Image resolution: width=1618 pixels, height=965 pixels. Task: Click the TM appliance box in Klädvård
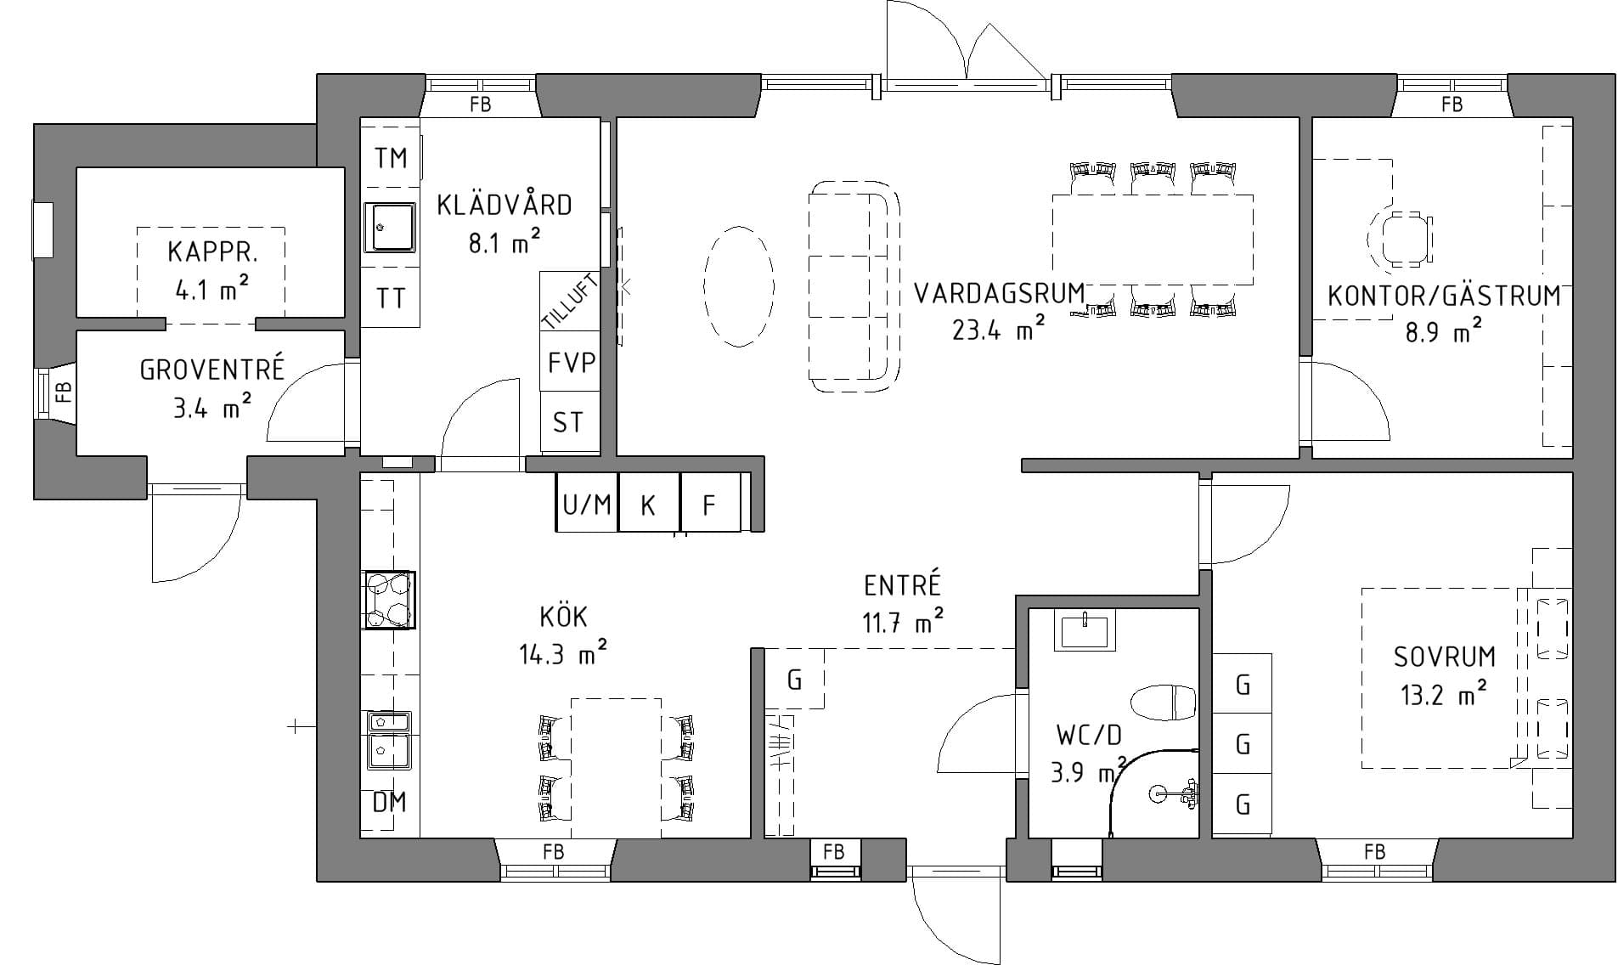click(391, 158)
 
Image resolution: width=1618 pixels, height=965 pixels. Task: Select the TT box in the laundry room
click(391, 298)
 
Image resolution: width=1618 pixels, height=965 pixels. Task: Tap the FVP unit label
click(571, 364)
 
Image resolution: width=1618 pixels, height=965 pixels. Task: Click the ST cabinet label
click(568, 422)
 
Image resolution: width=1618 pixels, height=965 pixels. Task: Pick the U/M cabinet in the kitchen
click(586, 505)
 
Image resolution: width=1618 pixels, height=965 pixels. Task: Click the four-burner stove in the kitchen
click(389, 600)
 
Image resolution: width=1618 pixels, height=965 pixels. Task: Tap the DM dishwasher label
click(390, 802)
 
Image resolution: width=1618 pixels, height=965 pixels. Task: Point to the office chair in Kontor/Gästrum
click(1401, 239)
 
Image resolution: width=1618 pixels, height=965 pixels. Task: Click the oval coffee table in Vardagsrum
click(739, 286)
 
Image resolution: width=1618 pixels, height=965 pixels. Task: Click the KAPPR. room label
click(211, 252)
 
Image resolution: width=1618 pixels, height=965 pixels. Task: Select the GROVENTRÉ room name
click(211, 370)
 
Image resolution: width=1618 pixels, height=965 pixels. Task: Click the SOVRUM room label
click(1444, 657)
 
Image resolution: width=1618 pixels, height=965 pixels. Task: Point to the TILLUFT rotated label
click(571, 301)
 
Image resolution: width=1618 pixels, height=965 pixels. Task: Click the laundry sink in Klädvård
click(390, 228)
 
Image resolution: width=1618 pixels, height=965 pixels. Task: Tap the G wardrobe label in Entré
click(795, 680)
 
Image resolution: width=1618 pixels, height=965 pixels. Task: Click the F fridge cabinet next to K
click(710, 505)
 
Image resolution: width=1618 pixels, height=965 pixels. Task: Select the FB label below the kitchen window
click(554, 851)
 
